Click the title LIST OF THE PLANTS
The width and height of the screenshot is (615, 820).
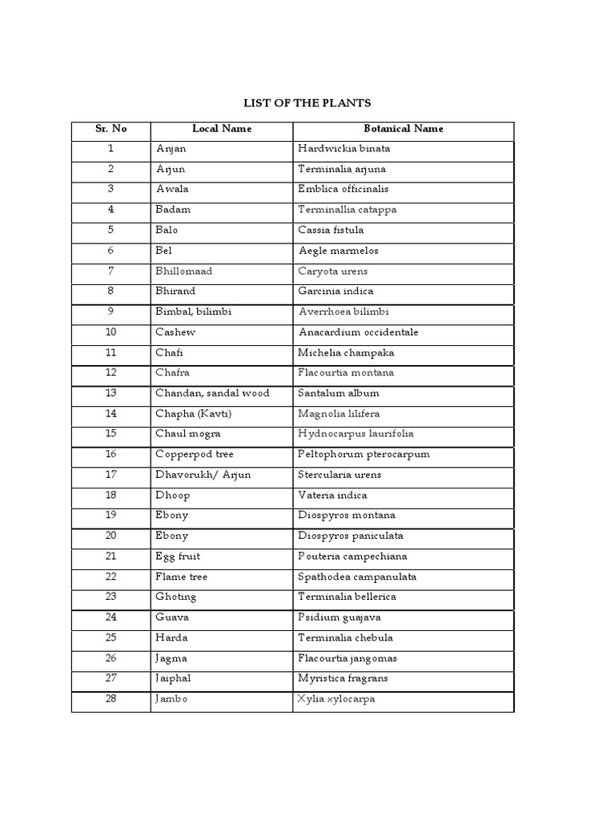tap(307, 103)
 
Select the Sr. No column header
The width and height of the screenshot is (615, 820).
tap(111, 129)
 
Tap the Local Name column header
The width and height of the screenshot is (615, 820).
tap(222, 129)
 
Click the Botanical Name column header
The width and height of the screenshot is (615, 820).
tap(403, 129)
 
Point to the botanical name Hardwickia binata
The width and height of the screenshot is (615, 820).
tap(344, 149)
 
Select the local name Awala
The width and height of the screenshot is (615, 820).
tap(172, 190)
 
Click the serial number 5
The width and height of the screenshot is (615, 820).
tap(111, 231)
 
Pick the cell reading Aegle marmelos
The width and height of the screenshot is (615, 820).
tap(338, 251)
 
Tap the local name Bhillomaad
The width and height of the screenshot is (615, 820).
tap(184, 271)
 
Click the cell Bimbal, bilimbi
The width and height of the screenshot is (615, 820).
tap(193, 312)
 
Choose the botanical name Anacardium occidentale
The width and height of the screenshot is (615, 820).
tap(358, 332)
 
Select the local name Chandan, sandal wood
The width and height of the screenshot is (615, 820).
tap(212, 393)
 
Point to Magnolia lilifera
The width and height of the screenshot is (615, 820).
tap(339, 414)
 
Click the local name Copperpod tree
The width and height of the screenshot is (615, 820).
tap(195, 454)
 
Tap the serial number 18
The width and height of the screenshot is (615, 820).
tap(111, 495)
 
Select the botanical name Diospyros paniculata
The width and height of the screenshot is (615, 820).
tap(350, 536)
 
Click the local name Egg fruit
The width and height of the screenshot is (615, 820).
tap(178, 557)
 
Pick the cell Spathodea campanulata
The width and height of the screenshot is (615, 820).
tap(357, 577)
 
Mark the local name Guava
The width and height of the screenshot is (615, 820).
tap(172, 617)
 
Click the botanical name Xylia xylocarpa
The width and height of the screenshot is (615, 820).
tap(336, 699)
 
